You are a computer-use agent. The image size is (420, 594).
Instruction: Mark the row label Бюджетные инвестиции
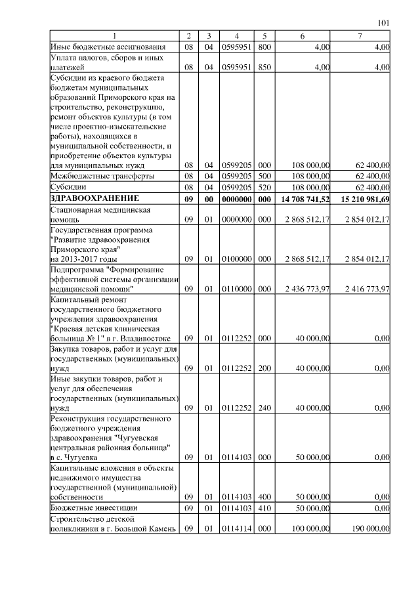pos(94,507)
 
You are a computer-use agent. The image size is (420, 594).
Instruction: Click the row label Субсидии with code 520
pos(69,186)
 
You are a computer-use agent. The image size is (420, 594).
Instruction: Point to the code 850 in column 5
pos(264,67)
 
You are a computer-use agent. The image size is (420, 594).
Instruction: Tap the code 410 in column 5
pos(264,507)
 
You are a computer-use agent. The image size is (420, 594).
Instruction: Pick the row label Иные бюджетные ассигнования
pos(107,46)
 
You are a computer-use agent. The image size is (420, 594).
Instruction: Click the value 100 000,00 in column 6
pos(310,530)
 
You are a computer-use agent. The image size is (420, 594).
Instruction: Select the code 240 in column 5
pos(264,408)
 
